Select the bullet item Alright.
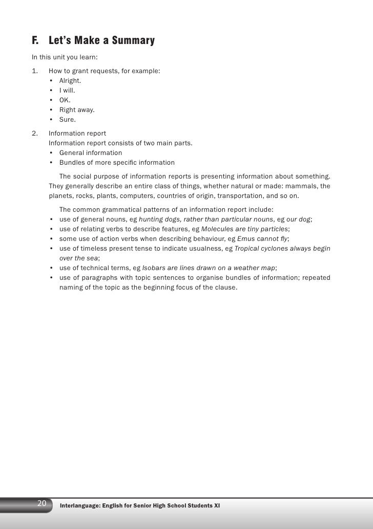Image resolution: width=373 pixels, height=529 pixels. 70,81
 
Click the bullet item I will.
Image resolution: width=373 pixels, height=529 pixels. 67,91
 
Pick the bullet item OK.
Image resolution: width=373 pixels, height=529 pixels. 65,100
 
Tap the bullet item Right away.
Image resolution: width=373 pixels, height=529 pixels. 77,110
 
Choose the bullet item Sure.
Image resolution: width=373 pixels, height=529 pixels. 68,120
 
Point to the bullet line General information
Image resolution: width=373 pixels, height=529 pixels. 91,153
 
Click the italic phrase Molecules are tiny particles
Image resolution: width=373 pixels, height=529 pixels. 245,229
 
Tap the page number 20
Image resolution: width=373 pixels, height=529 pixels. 42,490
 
